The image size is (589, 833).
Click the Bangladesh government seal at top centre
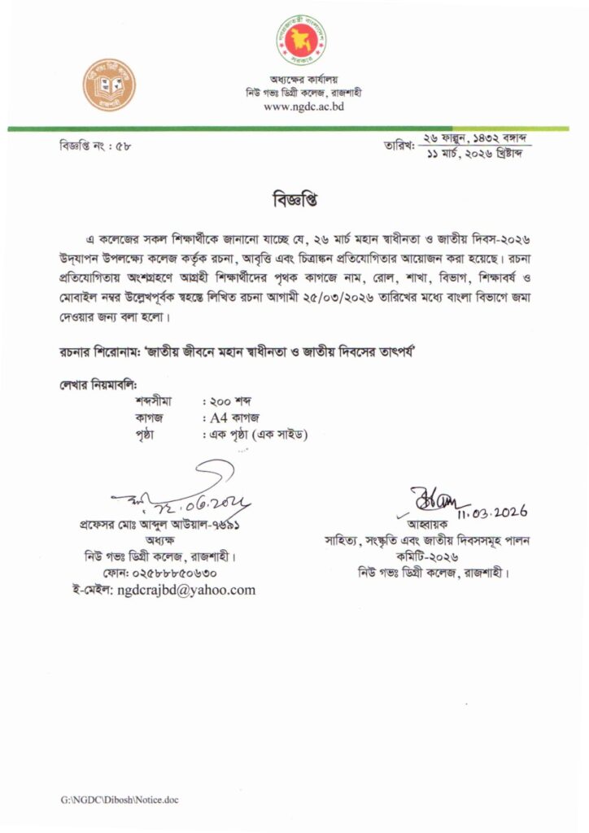[x=302, y=41]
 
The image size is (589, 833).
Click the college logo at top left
[x=108, y=85]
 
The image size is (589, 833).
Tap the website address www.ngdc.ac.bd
[x=304, y=107]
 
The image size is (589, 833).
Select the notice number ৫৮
[x=124, y=146]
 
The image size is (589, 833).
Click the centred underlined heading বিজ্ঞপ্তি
[x=294, y=199]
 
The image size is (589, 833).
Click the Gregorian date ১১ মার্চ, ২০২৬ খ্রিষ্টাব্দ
[x=474, y=154]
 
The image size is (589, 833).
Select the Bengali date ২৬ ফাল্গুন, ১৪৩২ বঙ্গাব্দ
[x=474, y=139]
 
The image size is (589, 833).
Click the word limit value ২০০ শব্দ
[x=229, y=402]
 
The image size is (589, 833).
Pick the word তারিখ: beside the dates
[x=399, y=146]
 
